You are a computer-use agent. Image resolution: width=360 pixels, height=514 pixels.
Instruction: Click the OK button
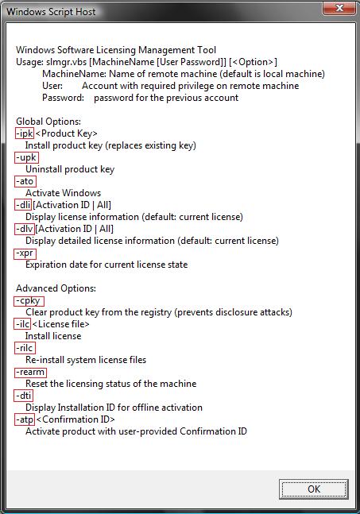(x=313, y=489)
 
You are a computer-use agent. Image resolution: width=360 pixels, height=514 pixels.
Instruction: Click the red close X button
(x=339, y=8)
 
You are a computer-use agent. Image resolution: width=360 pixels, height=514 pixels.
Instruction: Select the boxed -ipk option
(x=25, y=133)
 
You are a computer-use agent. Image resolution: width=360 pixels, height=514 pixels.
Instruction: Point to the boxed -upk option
(x=26, y=157)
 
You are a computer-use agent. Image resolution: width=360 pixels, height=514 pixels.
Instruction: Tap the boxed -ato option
(x=25, y=181)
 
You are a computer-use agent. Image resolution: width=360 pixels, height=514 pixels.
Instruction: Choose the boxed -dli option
(x=23, y=205)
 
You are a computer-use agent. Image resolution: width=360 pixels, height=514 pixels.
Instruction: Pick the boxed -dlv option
(x=24, y=229)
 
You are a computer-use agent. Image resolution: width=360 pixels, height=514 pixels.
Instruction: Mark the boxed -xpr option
(x=25, y=253)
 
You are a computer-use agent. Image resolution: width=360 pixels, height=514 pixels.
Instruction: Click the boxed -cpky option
(x=29, y=300)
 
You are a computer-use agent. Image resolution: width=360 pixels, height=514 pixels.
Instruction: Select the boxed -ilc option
(x=22, y=324)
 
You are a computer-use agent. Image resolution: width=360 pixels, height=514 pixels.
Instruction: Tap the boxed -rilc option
(x=25, y=348)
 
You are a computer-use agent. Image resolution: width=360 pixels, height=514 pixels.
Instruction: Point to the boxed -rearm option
(x=30, y=373)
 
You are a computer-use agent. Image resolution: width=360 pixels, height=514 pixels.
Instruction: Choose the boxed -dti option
(x=24, y=396)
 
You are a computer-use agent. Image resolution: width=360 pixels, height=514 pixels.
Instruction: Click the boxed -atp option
(x=25, y=419)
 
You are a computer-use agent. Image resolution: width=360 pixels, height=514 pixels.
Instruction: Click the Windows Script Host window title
(x=51, y=12)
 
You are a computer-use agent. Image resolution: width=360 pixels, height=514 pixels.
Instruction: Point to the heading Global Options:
(x=48, y=122)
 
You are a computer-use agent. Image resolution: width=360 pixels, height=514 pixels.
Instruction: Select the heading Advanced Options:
(x=56, y=288)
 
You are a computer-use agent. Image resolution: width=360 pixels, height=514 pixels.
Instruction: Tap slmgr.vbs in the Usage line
(x=67, y=62)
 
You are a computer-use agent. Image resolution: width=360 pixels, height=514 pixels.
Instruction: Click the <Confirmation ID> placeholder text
(x=75, y=419)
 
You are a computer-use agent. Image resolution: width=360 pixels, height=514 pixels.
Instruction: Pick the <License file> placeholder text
(x=61, y=324)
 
